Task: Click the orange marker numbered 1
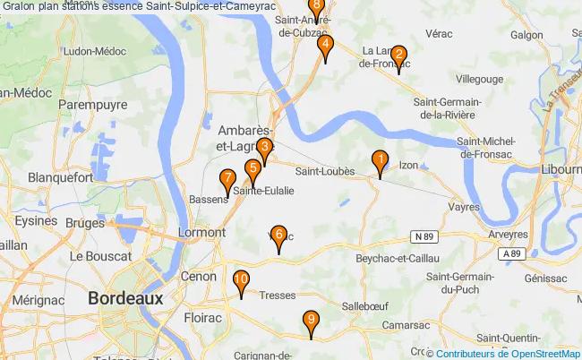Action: coord(380,163)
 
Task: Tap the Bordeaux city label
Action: coord(125,298)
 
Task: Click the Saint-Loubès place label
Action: coord(326,171)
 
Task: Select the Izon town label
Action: coord(409,166)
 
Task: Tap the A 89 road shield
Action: coord(511,254)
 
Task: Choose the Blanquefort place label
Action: coord(61,177)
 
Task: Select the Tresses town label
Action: coord(277,296)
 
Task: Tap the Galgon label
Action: coord(528,35)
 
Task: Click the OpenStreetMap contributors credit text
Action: coord(508,354)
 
